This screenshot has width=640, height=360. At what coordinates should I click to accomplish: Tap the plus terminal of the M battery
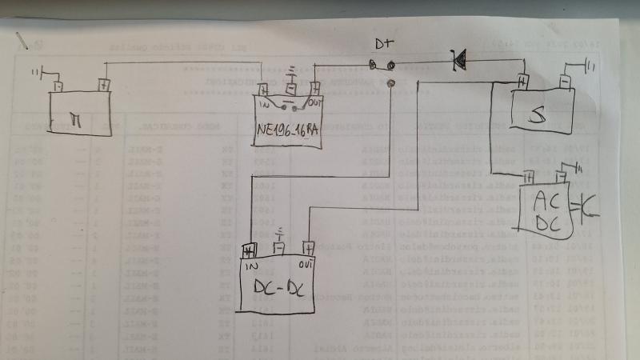click(x=103, y=83)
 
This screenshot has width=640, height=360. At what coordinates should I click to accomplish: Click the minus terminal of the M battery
click(x=58, y=85)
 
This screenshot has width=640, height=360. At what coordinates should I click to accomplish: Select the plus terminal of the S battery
click(x=521, y=81)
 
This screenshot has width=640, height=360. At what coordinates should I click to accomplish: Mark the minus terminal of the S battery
click(x=563, y=81)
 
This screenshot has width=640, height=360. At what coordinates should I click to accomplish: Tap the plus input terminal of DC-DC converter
click(x=248, y=251)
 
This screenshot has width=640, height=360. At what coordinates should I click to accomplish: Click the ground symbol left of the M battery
click(x=37, y=74)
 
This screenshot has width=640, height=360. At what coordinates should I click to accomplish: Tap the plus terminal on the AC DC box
click(x=530, y=178)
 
